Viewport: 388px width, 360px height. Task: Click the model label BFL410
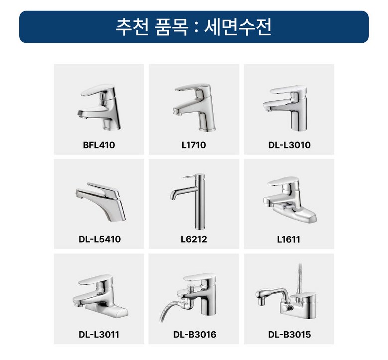pyautogui.click(x=99, y=145)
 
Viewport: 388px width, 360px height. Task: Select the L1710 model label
pyautogui.click(x=194, y=145)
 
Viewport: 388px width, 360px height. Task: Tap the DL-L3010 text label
pyautogui.click(x=289, y=145)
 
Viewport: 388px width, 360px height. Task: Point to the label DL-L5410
pyautogui.click(x=100, y=239)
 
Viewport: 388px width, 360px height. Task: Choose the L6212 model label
pyautogui.click(x=194, y=239)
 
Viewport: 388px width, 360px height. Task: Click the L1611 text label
pyautogui.click(x=288, y=239)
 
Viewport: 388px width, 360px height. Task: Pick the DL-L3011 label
pyautogui.click(x=99, y=334)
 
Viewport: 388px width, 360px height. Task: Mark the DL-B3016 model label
pyautogui.click(x=194, y=334)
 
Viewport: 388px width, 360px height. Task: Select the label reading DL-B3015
pyautogui.click(x=289, y=334)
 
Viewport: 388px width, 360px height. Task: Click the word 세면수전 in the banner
pyautogui.click(x=238, y=27)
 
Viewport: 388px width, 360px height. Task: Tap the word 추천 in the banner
pyautogui.click(x=132, y=27)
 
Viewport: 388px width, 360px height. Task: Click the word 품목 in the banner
pyautogui.click(x=172, y=27)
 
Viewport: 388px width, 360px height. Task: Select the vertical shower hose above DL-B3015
pyautogui.click(x=299, y=279)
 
